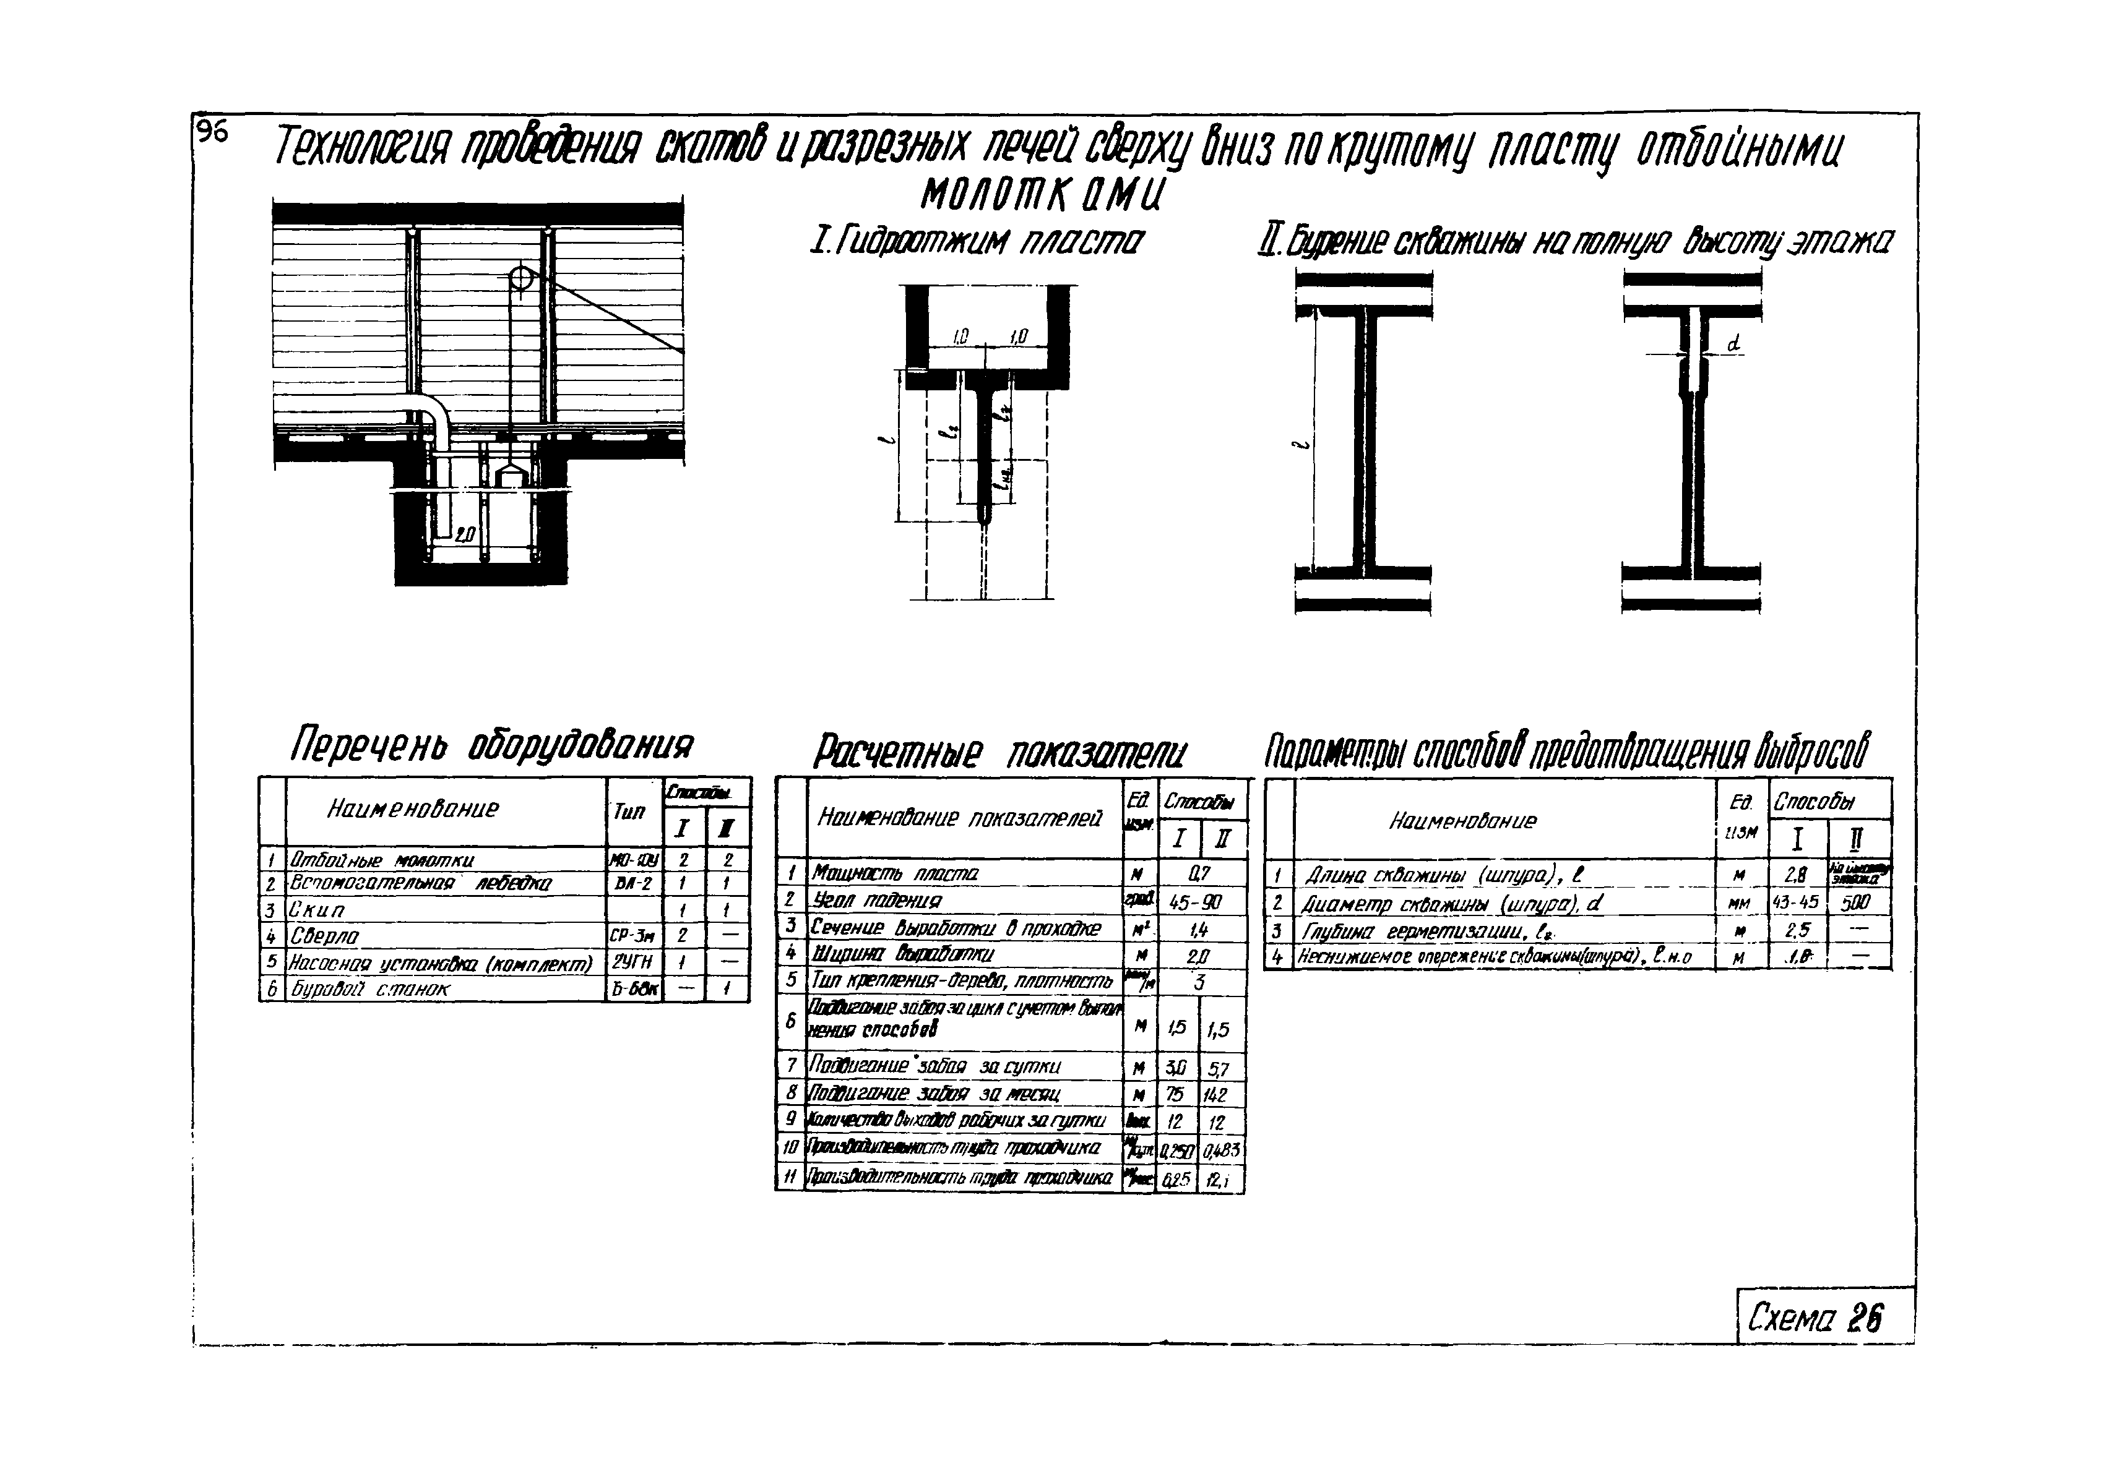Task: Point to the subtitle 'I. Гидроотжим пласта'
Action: click(976, 242)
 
